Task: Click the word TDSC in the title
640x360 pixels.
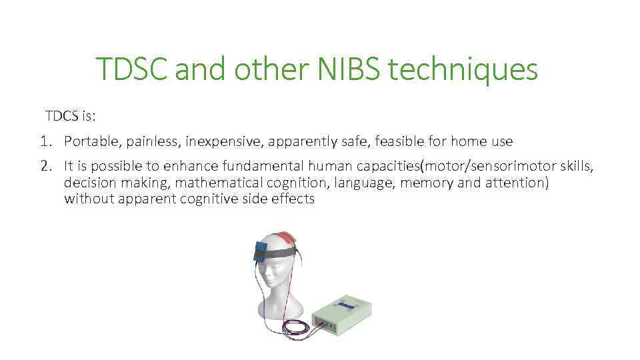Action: pos(132,69)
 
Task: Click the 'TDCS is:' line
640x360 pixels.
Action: pos(71,116)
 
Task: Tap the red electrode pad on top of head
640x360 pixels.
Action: pos(288,236)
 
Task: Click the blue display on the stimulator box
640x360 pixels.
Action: pos(345,305)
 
